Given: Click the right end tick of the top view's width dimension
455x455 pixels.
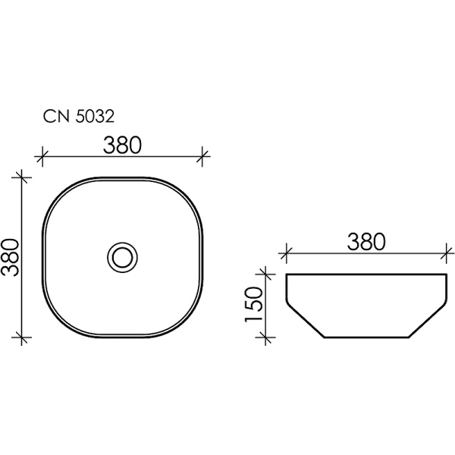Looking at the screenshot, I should coord(203,157).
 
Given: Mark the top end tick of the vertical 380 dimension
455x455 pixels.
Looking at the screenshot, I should coord(23,177).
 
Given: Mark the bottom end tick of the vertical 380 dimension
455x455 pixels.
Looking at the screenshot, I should coord(23,337).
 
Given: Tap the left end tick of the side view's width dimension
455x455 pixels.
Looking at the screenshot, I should coord(285,252).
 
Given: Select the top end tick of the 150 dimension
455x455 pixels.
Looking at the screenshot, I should coord(265,273).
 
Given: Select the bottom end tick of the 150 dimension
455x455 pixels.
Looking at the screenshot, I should coord(265,337).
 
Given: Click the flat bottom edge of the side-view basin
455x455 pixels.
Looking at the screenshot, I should coord(367,337).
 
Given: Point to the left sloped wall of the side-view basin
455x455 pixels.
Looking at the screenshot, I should coord(305,318).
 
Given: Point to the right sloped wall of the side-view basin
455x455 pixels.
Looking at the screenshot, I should coord(429,318).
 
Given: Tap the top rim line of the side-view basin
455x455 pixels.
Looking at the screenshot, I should coord(367,273).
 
